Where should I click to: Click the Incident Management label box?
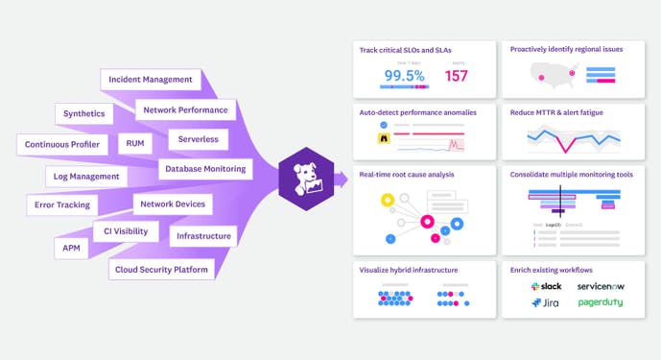point(151,80)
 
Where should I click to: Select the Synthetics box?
point(84,114)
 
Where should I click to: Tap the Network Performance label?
point(186,110)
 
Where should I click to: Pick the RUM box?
point(133,143)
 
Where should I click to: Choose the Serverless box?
point(198,139)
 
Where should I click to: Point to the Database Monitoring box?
point(205,169)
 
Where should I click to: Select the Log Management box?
point(86,177)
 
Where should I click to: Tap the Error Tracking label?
point(61,204)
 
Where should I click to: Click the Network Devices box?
point(173,204)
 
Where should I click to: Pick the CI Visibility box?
point(125,231)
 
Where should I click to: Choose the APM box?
point(70,247)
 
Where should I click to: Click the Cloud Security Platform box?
point(161,270)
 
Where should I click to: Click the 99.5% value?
point(405,76)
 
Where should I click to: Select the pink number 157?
point(457,76)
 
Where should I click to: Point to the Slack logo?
point(546,287)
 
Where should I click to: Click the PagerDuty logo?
point(600,302)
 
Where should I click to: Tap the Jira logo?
point(544,303)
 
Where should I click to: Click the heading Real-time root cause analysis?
point(407,175)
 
